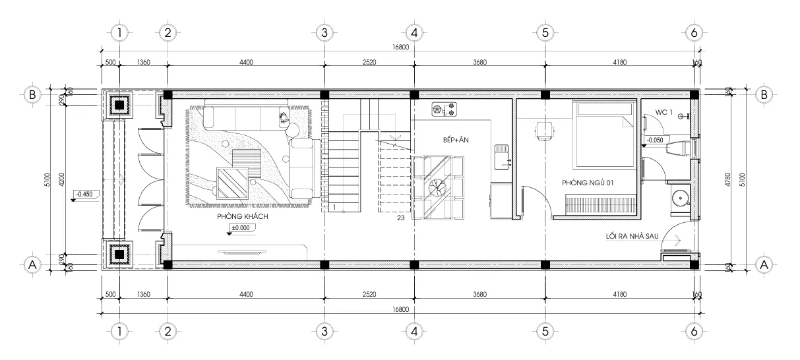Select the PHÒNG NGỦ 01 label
[588, 183]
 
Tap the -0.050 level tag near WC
[656, 140]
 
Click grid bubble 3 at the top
[323, 32]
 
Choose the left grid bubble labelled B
[31, 94]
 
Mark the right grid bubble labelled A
[764, 264]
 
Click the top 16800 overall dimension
[400, 47]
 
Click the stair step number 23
[400, 217]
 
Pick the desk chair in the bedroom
[545, 131]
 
